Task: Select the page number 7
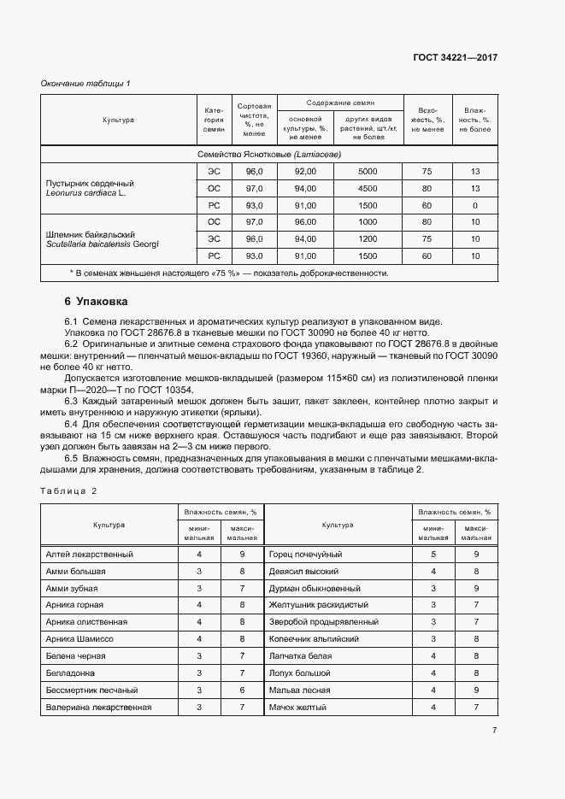(x=494, y=730)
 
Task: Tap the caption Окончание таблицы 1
(x=85, y=83)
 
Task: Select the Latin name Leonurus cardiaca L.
(x=85, y=194)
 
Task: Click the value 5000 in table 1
(x=368, y=172)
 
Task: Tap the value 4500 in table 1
(x=368, y=189)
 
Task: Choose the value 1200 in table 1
(x=368, y=239)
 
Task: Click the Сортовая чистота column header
(x=254, y=120)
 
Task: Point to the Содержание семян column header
(x=340, y=103)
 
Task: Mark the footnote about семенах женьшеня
(x=229, y=273)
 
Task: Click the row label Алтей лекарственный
(x=89, y=555)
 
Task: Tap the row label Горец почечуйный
(x=305, y=555)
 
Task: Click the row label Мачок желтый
(x=298, y=708)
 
